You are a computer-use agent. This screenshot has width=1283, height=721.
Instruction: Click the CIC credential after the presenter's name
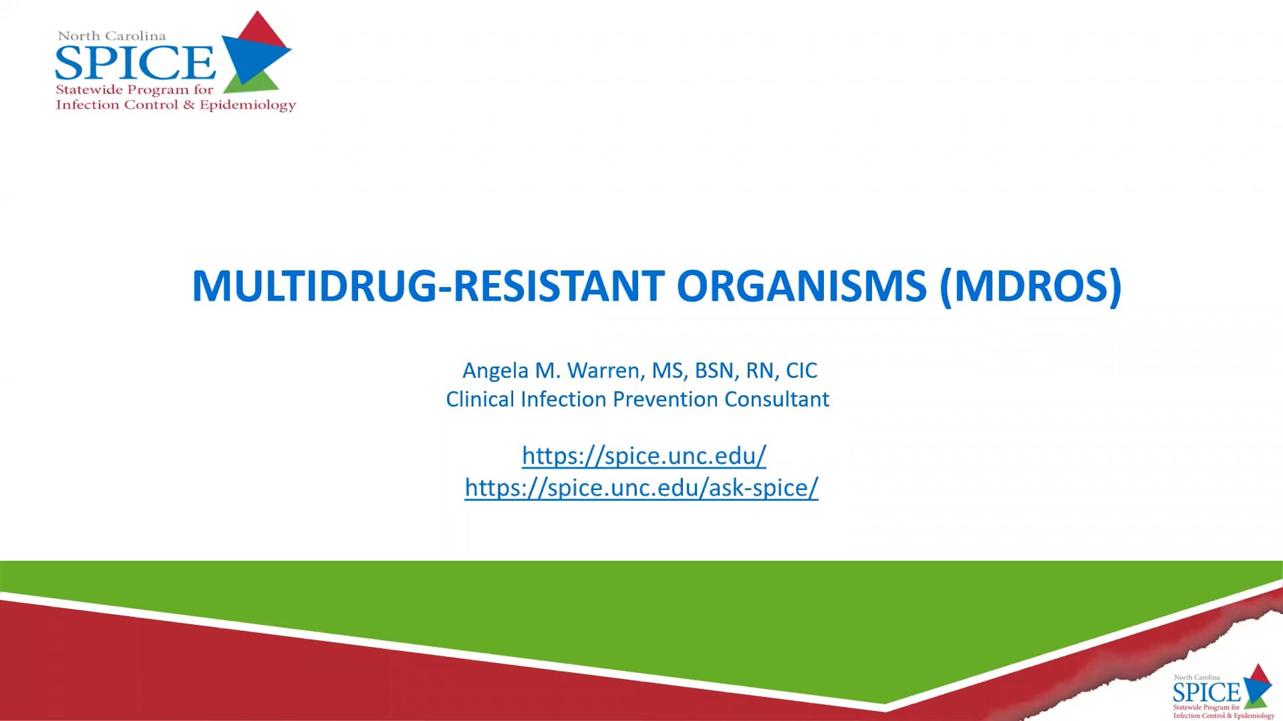[801, 371]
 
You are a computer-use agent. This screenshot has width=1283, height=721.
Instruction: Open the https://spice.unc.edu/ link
[644, 455]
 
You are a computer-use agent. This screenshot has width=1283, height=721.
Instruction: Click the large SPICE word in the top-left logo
[135, 63]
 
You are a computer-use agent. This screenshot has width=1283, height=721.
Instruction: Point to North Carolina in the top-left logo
[112, 36]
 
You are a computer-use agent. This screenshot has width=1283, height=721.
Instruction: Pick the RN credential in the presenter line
[759, 371]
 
